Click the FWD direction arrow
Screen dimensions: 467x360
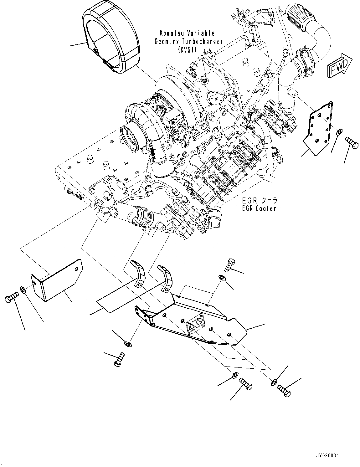pos(340,65)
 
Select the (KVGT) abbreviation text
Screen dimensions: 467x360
pos(187,49)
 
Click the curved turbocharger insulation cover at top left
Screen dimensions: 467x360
pos(110,41)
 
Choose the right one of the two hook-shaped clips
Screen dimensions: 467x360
pos(166,277)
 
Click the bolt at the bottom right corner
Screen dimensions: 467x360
pos(284,391)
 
